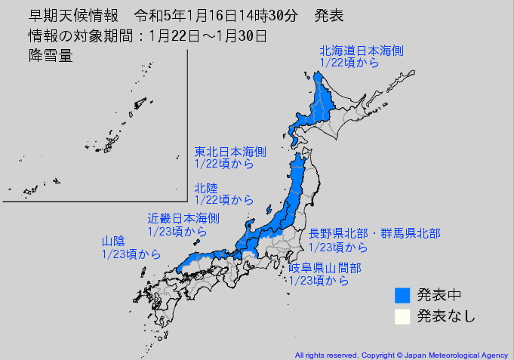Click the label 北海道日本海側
pos(362,51)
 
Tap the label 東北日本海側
pos(229,151)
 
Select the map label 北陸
pos(207,188)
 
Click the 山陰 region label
pos(113,242)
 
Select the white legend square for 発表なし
pos(402,316)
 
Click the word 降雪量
pos(50,56)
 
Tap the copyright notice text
pos(402,354)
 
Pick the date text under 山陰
pos(131,254)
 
